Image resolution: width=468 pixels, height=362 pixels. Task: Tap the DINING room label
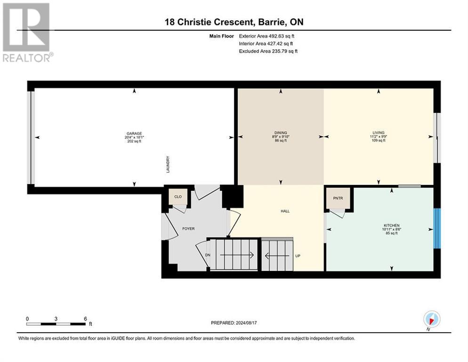pyautogui.click(x=281, y=133)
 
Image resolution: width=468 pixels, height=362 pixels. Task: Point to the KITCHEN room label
pyautogui.click(x=391, y=226)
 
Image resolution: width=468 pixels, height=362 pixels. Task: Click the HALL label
pyautogui.click(x=284, y=211)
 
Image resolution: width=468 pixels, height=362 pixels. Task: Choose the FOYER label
pyautogui.click(x=188, y=229)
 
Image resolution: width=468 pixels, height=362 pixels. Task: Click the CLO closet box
pyautogui.click(x=178, y=197)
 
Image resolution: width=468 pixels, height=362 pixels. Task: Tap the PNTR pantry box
pyautogui.click(x=338, y=198)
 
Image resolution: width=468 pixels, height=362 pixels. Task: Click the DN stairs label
pyautogui.click(x=208, y=255)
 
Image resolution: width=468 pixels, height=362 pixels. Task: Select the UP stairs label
pyautogui.click(x=298, y=256)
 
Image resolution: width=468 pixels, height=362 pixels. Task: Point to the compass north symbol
pyautogui.click(x=432, y=319)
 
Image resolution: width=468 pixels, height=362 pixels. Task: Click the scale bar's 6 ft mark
pyautogui.click(x=85, y=319)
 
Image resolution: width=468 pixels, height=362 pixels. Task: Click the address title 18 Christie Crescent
pyautogui.click(x=234, y=22)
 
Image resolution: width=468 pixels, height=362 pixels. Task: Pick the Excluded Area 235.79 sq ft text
pyautogui.click(x=268, y=51)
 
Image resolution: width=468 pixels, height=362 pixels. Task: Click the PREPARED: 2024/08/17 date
pyautogui.click(x=234, y=323)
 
